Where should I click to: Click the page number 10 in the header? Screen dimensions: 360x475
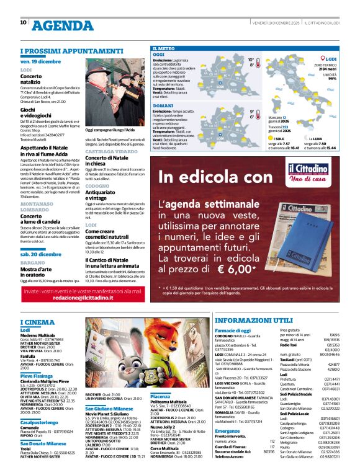pos(24,22)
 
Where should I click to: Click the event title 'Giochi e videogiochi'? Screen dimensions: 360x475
pos(36,113)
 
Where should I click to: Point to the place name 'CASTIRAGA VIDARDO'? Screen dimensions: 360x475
pos(111,151)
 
